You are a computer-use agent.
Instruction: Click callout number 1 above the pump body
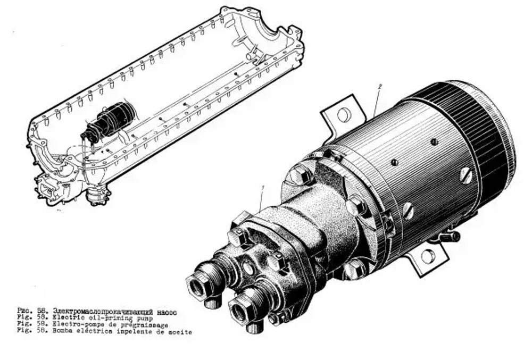[262, 187]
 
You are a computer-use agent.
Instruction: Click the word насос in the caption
[165, 309]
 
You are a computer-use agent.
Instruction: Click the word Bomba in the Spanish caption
[62, 332]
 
